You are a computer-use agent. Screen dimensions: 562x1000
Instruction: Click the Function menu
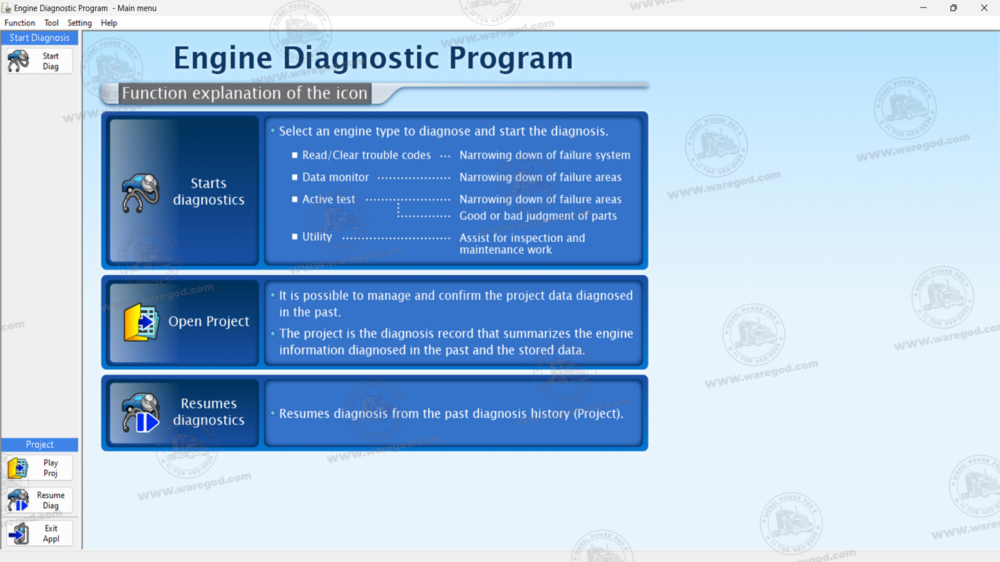tap(19, 23)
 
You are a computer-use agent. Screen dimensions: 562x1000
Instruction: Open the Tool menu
tap(51, 23)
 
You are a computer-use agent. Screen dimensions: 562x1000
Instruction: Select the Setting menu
tap(80, 23)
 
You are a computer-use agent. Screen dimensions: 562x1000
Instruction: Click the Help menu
tap(109, 23)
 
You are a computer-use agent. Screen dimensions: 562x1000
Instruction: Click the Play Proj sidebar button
tap(38, 468)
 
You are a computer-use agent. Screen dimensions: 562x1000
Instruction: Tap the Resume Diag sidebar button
tap(38, 500)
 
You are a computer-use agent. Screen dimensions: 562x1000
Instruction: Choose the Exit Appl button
tap(38, 534)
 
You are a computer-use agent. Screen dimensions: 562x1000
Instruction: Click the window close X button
tap(983, 8)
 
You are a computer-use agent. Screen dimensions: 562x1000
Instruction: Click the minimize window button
tap(922, 8)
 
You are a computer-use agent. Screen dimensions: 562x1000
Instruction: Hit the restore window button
tap(953, 8)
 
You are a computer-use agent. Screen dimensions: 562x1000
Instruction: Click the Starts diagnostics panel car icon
tap(140, 192)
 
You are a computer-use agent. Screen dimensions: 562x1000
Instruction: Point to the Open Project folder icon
tap(141, 322)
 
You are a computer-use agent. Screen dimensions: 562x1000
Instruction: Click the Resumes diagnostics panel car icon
tap(140, 412)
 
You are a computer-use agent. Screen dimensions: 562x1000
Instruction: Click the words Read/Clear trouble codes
tap(366, 156)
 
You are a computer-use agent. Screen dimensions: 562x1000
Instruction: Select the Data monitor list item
tap(336, 178)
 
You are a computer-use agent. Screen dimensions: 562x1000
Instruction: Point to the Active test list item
tap(329, 200)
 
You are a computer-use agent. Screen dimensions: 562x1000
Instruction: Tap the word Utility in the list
tap(317, 237)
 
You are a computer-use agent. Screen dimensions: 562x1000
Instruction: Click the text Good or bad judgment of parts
tap(538, 216)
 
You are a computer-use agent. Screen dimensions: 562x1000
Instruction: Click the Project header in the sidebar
tap(39, 444)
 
